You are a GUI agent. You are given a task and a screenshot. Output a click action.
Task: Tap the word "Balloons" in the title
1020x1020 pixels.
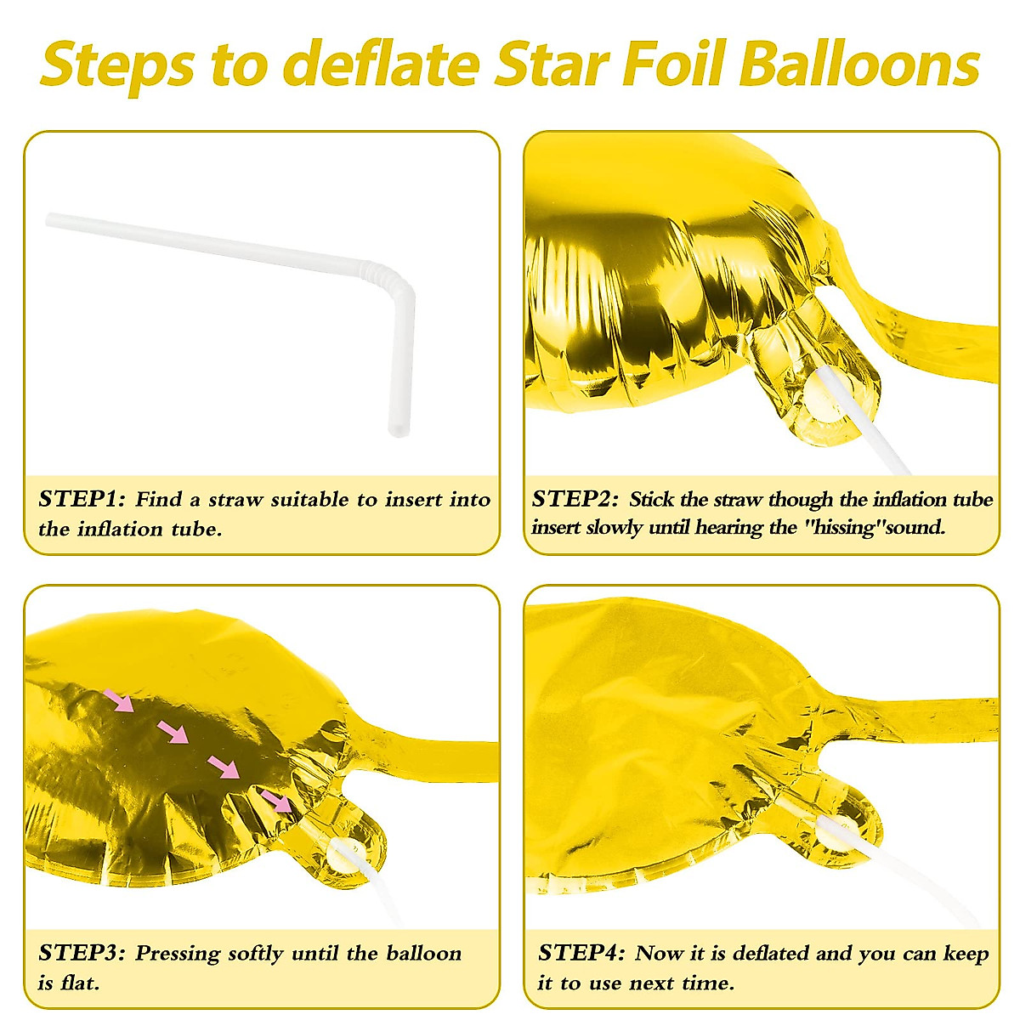pyautogui.click(x=859, y=65)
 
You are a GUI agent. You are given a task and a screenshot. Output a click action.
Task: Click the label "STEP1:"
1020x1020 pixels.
pyautogui.click(x=82, y=499)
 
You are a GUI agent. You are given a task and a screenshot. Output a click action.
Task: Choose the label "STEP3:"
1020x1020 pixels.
pyautogui.click(x=82, y=953)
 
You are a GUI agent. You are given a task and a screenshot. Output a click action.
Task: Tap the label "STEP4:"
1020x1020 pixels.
pyautogui.click(x=581, y=953)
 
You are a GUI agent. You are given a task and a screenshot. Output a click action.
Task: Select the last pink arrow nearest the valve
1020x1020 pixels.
pyautogui.click(x=275, y=800)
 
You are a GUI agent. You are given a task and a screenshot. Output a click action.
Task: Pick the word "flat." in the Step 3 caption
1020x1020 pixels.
pyautogui.click(x=80, y=983)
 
